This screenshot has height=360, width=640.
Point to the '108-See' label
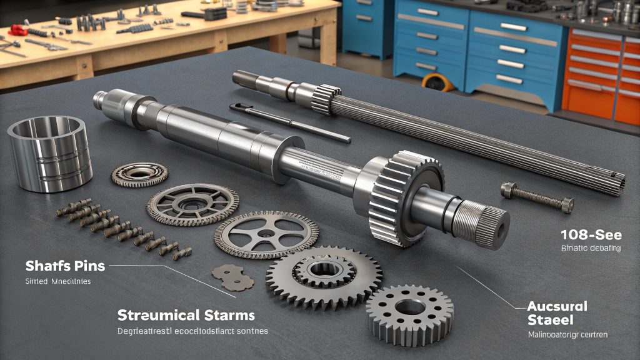coord(591,235)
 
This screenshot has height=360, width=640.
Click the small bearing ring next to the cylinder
coord(139,174)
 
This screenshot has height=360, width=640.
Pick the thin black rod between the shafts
coord(287,121)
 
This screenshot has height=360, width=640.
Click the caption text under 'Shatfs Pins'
coord(57,282)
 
